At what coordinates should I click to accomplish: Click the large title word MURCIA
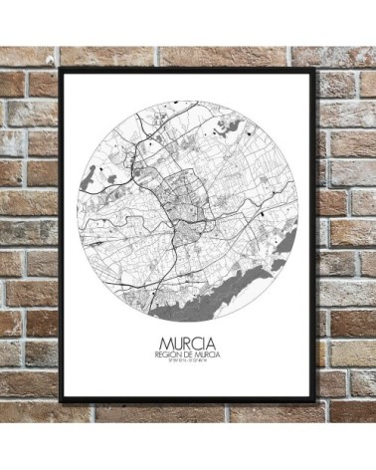187,351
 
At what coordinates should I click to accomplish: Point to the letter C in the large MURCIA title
196,351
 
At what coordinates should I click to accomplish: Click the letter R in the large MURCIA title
184,351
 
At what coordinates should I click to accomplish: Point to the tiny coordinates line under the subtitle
187,370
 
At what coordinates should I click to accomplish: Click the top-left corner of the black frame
62,70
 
